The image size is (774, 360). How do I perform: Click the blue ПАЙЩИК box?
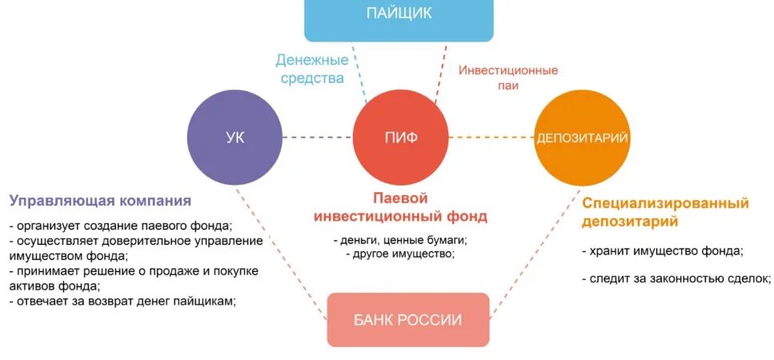[x=399, y=18]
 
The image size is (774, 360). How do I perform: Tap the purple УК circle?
[x=235, y=137]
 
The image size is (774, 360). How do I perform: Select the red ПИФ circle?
[x=400, y=138]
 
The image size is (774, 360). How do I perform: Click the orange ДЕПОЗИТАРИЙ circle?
[x=581, y=138]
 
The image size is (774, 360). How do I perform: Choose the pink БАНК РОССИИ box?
[x=407, y=319]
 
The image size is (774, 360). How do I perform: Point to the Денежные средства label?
[x=311, y=69]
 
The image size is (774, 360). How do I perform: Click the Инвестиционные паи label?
[x=507, y=77]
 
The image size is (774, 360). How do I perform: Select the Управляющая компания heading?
[x=100, y=200]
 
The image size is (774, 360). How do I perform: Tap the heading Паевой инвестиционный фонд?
[x=400, y=206]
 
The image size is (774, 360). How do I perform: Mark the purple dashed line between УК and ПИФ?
[x=318, y=138]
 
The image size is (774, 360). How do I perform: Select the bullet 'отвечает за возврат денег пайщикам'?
[x=125, y=301]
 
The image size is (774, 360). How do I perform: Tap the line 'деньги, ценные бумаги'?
[x=400, y=239]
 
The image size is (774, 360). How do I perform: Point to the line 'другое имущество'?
[x=400, y=254]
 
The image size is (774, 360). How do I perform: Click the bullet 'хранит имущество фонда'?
[x=663, y=250]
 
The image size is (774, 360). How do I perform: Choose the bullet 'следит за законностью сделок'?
[x=676, y=278]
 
